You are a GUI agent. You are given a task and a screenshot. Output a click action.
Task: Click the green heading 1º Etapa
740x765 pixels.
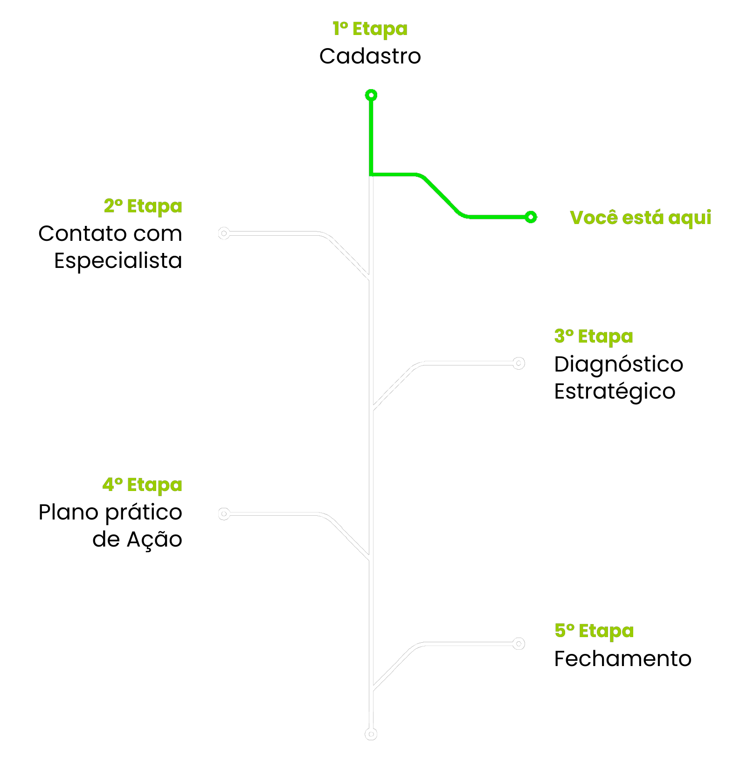tap(370, 29)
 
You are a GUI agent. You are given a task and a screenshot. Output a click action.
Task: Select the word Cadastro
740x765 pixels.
tap(370, 56)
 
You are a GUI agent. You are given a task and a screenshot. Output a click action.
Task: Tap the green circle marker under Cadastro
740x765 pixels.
tap(371, 95)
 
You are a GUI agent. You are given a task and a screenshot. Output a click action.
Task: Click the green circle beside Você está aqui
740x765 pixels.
tap(531, 217)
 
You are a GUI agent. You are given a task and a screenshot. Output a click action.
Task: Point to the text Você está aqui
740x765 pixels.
tap(641, 218)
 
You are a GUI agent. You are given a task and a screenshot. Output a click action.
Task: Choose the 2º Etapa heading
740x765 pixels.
tap(143, 206)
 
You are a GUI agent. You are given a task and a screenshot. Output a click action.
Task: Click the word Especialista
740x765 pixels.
tap(118, 260)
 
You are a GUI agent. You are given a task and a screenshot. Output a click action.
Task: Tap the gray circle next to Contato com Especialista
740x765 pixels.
tap(224, 233)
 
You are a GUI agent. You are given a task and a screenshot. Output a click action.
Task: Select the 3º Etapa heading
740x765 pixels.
tap(594, 337)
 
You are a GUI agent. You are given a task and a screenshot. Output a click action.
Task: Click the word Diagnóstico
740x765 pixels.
tap(619, 364)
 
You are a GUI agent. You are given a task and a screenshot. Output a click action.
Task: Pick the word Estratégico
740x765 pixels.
tap(615, 391)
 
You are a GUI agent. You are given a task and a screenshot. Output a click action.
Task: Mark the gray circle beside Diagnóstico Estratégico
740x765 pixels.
tap(519, 363)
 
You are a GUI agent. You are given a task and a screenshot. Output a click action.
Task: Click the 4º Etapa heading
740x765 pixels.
tap(142, 485)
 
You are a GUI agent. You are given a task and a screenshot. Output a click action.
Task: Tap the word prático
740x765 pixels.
tap(144, 512)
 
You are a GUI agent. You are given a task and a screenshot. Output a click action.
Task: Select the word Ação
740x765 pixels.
tap(155, 539)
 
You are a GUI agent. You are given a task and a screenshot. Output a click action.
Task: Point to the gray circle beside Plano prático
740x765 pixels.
tap(224, 514)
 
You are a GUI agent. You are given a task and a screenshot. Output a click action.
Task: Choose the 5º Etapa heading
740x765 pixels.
tap(594, 631)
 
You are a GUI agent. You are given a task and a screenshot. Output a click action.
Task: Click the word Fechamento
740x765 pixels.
tap(623, 659)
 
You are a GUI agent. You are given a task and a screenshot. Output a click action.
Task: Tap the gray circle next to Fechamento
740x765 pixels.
tap(519, 644)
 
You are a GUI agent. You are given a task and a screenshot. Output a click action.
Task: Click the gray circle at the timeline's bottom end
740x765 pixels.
tap(371, 734)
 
